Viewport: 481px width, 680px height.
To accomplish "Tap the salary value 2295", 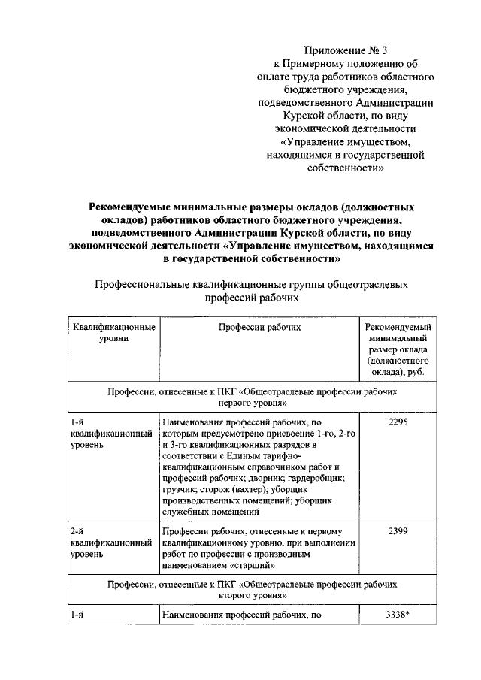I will click(x=398, y=422).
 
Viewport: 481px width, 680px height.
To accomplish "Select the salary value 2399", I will click(x=398, y=531).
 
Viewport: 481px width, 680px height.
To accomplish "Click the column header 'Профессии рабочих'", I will click(x=260, y=328).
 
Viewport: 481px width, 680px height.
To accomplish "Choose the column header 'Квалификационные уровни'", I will click(x=113, y=333).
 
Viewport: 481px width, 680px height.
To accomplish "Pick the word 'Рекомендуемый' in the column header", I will click(x=398, y=328).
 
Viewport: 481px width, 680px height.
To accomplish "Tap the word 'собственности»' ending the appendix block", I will click(x=346, y=168).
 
